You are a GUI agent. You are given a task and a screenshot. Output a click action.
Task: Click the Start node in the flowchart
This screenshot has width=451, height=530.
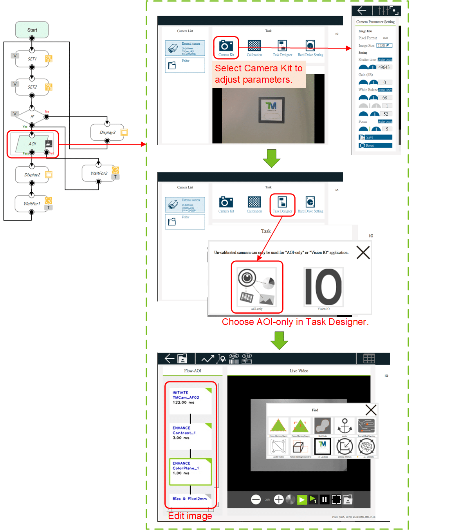32,30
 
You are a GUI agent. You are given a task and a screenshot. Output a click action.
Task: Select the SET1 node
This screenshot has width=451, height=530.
32,59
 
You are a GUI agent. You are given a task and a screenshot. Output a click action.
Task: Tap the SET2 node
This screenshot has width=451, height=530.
32,87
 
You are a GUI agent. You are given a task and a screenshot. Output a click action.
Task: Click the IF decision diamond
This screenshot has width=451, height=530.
32,117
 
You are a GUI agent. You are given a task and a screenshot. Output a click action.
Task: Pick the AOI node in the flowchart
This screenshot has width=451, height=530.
32,144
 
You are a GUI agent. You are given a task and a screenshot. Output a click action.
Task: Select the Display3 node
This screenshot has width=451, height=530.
107,132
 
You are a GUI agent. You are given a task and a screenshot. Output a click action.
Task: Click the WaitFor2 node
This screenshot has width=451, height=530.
99,173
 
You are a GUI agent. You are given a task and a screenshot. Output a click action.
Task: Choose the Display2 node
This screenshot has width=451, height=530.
32,175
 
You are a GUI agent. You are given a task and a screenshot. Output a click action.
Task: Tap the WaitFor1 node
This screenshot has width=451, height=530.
32,203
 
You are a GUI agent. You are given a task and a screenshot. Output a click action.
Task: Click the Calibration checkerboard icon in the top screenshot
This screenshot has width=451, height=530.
254,46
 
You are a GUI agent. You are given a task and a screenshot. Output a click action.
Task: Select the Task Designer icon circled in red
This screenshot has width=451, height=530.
282,203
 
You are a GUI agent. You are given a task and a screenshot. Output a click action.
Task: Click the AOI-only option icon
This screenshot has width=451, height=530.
257,287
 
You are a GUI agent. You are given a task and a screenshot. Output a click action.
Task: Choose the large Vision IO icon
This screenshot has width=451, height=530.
323,287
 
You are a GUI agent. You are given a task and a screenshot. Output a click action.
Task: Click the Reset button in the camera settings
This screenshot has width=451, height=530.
375,145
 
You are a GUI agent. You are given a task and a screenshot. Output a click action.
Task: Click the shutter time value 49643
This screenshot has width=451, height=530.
384,67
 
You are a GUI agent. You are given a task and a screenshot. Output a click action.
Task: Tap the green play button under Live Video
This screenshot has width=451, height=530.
302,499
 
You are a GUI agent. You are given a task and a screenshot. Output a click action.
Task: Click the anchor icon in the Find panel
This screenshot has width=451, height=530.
345,425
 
